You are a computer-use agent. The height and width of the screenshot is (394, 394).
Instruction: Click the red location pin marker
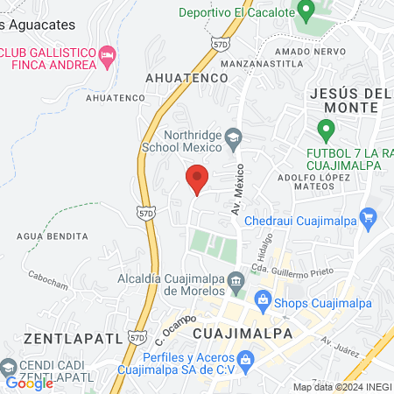tap(197, 182)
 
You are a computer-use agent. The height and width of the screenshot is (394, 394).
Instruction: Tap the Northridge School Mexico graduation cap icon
tap(234, 137)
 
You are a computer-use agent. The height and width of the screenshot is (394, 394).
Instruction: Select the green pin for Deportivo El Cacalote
tap(306, 12)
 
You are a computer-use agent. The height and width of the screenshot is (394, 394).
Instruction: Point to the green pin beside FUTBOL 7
tap(327, 132)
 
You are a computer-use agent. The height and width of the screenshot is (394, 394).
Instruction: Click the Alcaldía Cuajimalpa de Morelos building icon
tap(236, 281)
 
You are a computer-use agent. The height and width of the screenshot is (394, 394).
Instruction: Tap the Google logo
tap(29, 383)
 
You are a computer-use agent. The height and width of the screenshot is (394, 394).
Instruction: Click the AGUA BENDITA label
tap(53, 236)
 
